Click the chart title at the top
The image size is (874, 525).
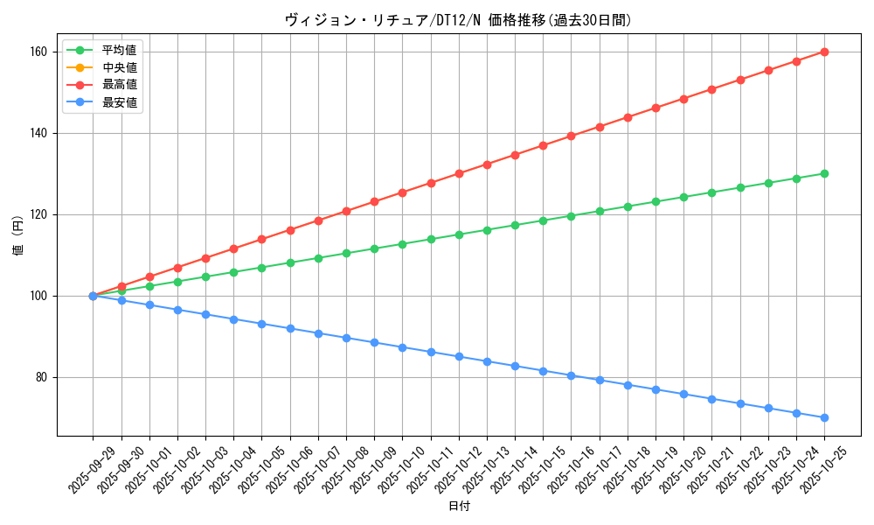click(x=458, y=20)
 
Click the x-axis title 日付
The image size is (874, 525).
click(x=459, y=507)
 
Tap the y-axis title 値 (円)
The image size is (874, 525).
click(x=18, y=237)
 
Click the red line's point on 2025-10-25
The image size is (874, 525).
click(x=824, y=52)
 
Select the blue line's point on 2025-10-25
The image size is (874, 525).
click(x=824, y=417)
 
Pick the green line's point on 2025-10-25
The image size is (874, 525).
click(x=824, y=173)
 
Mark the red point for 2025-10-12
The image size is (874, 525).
click(x=459, y=173)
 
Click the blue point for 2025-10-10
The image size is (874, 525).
click(x=403, y=347)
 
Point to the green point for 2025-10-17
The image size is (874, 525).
click(x=600, y=211)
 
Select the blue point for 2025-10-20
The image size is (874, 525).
click(x=683, y=394)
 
